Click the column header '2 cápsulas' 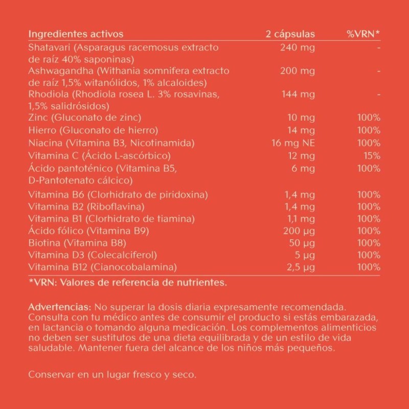[290, 34]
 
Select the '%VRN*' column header [363, 34]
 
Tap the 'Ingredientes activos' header [76, 34]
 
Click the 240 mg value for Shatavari [298, 48]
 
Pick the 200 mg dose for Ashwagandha [298, 71]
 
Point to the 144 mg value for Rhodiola [298, 95]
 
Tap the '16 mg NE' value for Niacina [293, 143]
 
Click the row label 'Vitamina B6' [56, 195]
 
